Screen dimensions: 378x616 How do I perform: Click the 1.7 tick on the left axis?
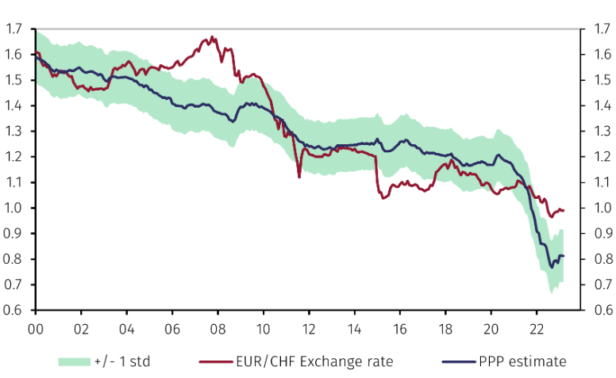pos(13,29)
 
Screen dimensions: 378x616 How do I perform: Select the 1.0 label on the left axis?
pos(13,208)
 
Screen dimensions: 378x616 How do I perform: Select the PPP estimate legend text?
pos(522,361)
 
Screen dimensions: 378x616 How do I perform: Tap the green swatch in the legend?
pos(75,361)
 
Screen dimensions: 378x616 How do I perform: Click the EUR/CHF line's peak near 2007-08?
pos(212,36)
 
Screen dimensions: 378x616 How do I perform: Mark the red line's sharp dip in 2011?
pos(299,177)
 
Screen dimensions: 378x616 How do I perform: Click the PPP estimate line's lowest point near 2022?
pos(551,268)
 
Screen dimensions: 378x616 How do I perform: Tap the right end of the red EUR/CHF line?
pos(564,210)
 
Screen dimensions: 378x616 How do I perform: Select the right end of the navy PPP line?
pos(564,255)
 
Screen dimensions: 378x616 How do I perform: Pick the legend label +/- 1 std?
pos(124,361)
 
